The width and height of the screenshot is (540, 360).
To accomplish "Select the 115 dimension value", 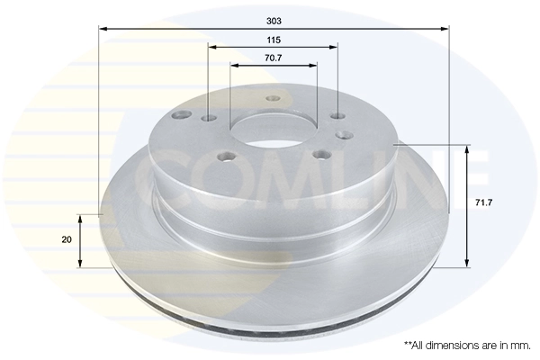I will (x=273, y=40).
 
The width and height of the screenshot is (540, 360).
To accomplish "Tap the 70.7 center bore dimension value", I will (x=273, y=58).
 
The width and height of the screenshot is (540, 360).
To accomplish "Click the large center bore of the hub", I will (x=273, y=130).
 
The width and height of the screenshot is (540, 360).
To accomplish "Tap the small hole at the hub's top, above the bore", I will (x=273, y=99).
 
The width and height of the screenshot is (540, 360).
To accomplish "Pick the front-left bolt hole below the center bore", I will (x=227, y=157).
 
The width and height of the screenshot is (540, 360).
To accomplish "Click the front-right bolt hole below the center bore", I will (x=319, y=155).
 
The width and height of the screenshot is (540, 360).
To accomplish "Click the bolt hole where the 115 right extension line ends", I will (x=337, y=116).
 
